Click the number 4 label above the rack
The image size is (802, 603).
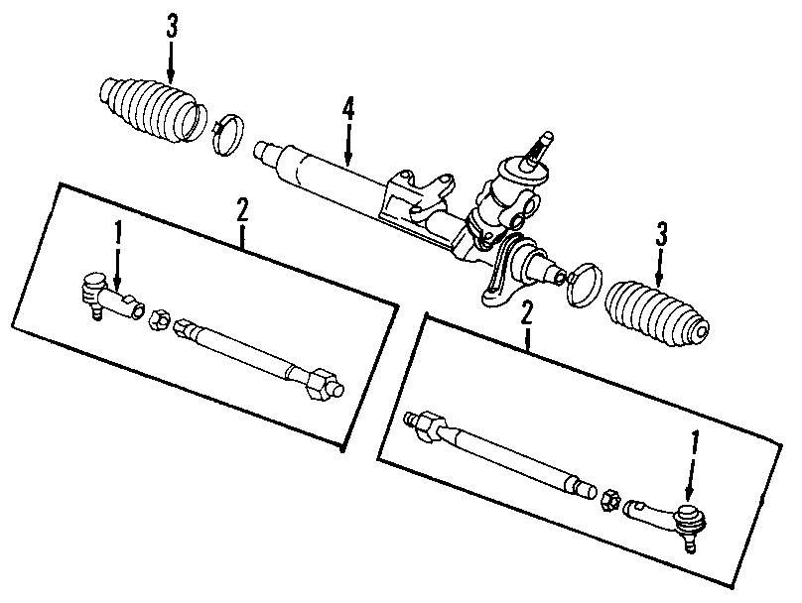click(x=348, y=108)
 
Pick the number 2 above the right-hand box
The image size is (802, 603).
click(x=527, y=313)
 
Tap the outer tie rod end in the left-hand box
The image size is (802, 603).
click(x=105, y=296)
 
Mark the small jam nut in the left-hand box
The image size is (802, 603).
click(x=157, y=319)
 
